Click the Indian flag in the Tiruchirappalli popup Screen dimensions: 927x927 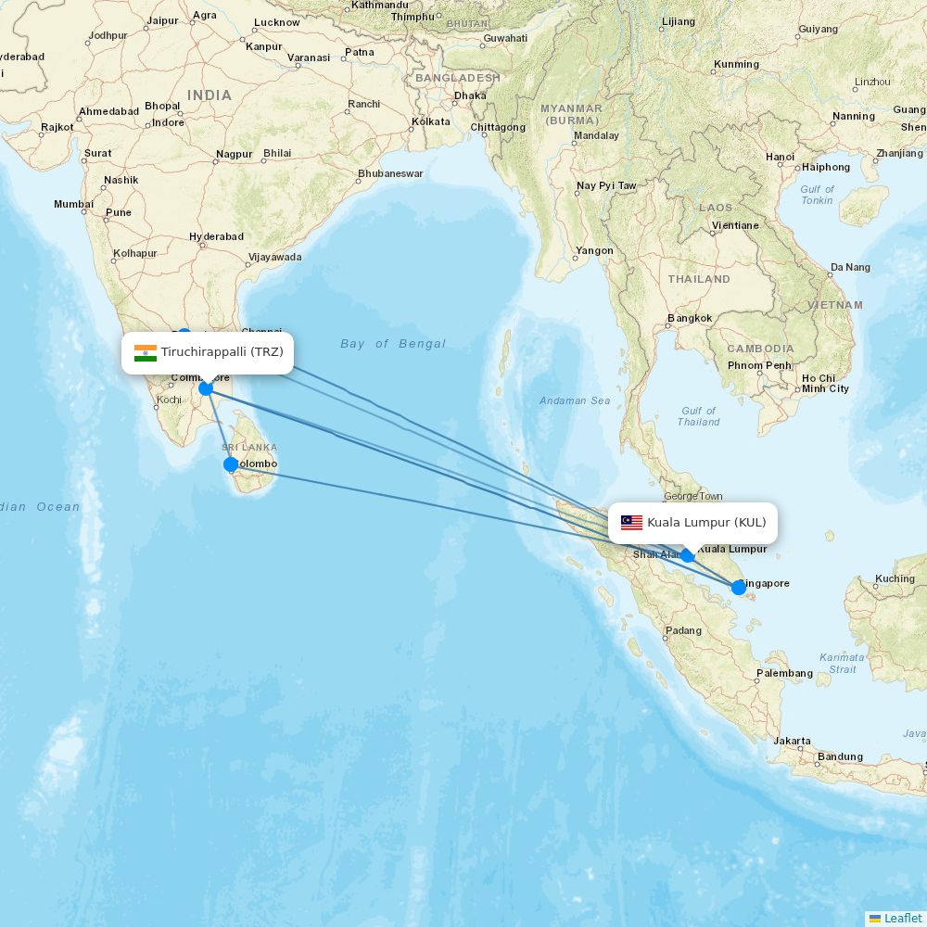click(x=146, y=352)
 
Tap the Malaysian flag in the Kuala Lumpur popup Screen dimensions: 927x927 click(x=631, y=523)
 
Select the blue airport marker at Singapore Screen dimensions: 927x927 click(x=738, y=587)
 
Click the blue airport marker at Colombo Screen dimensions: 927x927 click(x=231, y=464)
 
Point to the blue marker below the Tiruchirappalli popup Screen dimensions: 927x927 click(x=206, y=387)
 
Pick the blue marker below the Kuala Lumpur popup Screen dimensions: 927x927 click(x=687, y=555)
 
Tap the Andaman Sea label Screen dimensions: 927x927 click(x=575, y=400)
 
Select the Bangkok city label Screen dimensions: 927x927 click(x=690, y=319)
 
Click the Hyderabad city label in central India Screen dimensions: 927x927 click(x=216, y=236)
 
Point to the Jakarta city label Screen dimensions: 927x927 click(x=792, y=741)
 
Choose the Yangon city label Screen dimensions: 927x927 click(x=594, y=250)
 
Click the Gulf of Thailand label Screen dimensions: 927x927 click(x=698, y=416)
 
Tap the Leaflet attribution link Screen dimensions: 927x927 click(x=902, y=918)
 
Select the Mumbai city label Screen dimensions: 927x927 click(x=73, y=204)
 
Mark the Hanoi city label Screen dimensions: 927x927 click(x=780, y=157)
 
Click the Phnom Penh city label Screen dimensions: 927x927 click(x=758, y=365)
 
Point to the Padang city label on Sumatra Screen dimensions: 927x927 click(x=683, y=631)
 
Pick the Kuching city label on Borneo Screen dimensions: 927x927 click(x=895, y=578)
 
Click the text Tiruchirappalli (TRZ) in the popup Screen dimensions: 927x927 click(x=222, y=352)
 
